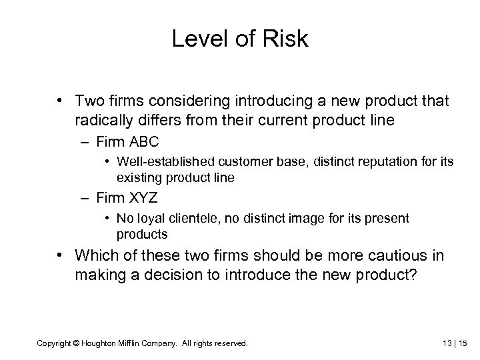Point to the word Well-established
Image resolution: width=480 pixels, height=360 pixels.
[x=157, y=161]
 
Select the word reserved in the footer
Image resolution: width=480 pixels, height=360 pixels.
[x=231, y=343]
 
